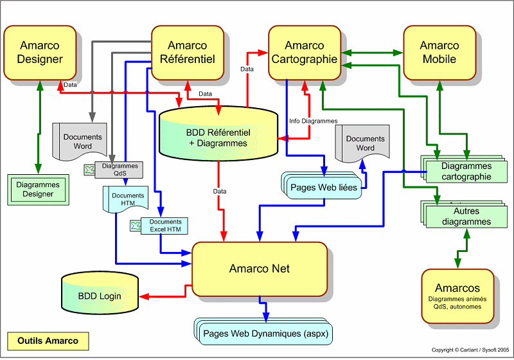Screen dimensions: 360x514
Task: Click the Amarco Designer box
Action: click(40, 53)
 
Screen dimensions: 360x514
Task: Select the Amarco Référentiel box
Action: click(187, 53)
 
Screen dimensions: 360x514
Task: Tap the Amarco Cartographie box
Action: click(305, 53)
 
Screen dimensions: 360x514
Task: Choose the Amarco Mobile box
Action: click(439, 53)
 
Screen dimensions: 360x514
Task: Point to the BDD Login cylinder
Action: click(100, 296)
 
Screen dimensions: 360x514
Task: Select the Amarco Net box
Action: click(260, 269)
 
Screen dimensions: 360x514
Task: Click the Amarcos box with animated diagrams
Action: click(457, 296)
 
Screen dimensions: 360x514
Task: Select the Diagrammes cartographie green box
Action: click(461, 172)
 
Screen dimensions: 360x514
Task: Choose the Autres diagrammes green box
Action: click(461, 217)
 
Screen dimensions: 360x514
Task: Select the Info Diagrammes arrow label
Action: click(313, 121)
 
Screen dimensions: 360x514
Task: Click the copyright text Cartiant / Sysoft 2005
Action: click(470, 350)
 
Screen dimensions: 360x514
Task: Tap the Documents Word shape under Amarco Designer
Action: click(82, 141)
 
